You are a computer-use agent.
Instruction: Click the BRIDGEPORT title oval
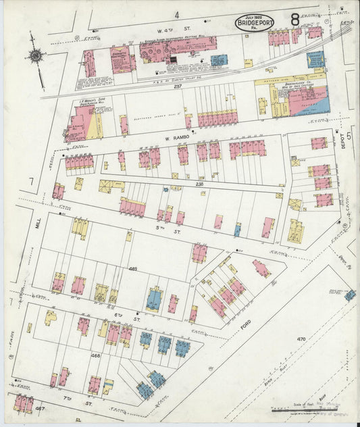(255, 24)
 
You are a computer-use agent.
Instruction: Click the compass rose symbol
(36, 56)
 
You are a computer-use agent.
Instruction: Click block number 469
(133, 269)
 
